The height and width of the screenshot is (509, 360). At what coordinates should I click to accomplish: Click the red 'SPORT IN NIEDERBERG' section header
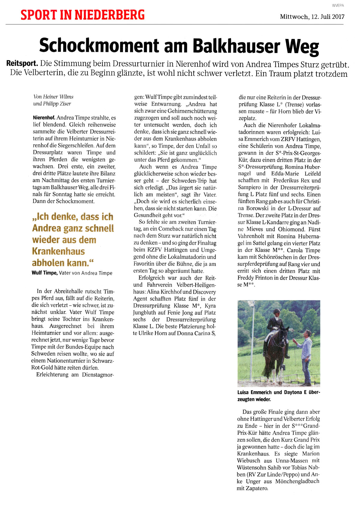pyautogui.click(x=82, y=15)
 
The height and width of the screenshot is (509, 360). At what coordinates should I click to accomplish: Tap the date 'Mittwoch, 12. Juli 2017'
pyautogui.click(x=312, y=16)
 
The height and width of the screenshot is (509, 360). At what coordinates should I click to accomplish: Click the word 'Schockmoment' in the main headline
pyautogui.click(x=99, y=46)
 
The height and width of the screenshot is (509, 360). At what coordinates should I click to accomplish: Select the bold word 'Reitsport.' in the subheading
pyautogui.click(x=22, y=64)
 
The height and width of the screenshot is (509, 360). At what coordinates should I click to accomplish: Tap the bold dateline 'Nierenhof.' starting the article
pyautogui.click(x=44, y=118)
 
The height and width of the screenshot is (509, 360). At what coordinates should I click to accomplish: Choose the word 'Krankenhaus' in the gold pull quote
pyautogui.click(x=58, y=251)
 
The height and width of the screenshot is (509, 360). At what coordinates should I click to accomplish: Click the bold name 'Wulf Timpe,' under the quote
pyautogui.click(x=44, y=273)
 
